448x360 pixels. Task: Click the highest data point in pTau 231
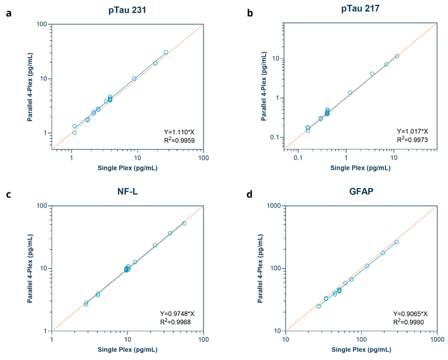166,52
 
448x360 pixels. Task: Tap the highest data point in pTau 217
397,56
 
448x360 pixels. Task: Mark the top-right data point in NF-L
184,223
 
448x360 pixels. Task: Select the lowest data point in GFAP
319,306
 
